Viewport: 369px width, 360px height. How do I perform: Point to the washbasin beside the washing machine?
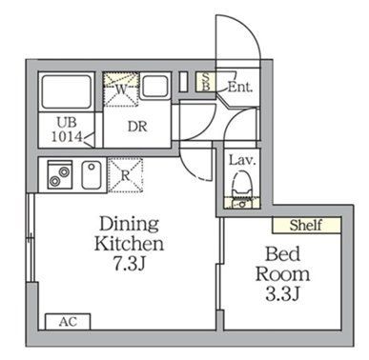click(x=154, y=86)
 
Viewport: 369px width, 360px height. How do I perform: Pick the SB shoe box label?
click(x=204, y=83)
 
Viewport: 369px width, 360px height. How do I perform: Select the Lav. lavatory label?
click(x=240, y=160)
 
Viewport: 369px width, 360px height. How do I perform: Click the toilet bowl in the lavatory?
click(x=241, y=181)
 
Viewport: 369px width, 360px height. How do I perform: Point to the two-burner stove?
click(x=59, y=175)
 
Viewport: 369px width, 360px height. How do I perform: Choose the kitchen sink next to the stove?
click(x=92, y=175)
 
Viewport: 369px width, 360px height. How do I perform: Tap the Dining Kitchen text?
click(x=132, y=232)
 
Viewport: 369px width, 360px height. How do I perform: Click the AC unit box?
click(x=68, y=321)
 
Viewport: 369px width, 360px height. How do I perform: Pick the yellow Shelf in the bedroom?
click(x=306, y=225)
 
